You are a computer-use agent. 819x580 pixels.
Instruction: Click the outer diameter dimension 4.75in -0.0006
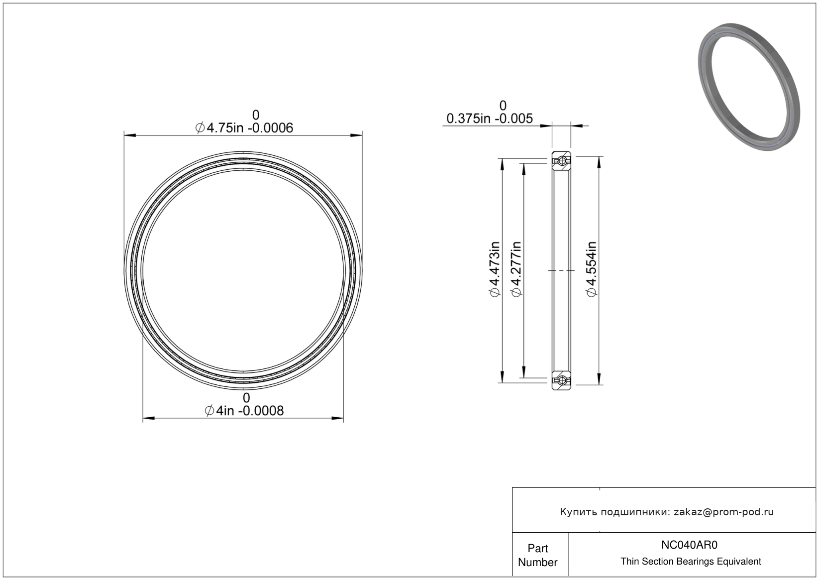coord(244,128)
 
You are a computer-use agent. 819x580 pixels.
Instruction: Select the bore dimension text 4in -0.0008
coord(244,411)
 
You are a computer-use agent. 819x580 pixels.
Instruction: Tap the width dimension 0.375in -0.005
coord(490,118)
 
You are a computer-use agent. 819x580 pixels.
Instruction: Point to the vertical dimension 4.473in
coord(495,269)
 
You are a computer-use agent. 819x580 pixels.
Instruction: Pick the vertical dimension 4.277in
coord(516,269)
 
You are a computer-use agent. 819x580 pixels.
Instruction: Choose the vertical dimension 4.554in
coord(591,269)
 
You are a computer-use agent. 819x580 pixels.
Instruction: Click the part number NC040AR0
coord(689,545)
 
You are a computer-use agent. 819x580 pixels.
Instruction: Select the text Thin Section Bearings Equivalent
coord(691,561)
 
